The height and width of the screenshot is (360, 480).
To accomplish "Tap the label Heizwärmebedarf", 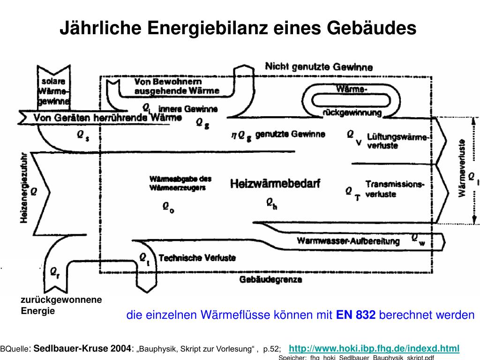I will point(275,184).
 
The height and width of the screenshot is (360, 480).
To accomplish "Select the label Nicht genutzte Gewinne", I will point(319,67).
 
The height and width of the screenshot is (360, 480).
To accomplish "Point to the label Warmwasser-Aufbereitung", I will point(348,241).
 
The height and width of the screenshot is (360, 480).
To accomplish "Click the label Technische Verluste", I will point(197,258).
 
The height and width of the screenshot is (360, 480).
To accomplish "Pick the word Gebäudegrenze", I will point(270,280).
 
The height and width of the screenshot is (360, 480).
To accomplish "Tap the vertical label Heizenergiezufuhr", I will point(25,188).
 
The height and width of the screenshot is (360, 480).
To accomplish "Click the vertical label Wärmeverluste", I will point(462,168).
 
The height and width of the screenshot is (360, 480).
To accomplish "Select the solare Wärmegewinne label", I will point(54,90).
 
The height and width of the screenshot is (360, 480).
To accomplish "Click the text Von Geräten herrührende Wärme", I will point(107,117).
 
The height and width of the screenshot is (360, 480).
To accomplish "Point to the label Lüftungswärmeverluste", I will point(397,141).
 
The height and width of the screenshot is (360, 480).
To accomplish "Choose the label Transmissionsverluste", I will point(395,189).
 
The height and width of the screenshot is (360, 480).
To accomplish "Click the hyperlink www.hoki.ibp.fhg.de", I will point(374,348).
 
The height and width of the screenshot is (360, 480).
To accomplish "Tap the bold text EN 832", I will point(356,315).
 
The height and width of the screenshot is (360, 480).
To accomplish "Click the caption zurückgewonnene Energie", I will point(61,305).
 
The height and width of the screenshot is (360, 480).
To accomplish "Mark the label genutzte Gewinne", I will point(290,135).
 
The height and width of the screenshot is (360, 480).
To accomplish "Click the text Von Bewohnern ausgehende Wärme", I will point(176,86).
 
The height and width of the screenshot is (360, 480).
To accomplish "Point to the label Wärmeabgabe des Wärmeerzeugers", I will point(180,183).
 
